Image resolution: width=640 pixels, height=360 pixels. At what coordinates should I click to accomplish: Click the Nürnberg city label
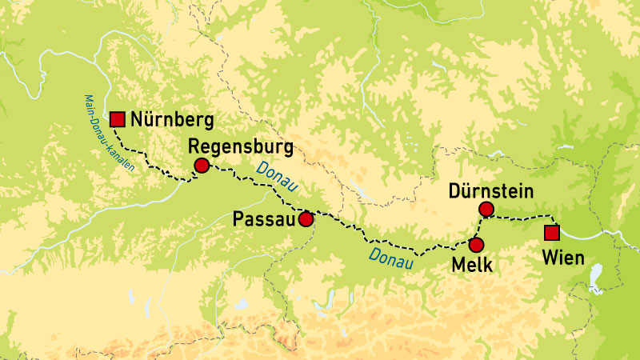click(173, 121)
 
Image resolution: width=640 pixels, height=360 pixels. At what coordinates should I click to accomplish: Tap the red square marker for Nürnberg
click(118, 120)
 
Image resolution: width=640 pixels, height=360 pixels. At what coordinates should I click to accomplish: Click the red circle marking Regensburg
click(201, 166)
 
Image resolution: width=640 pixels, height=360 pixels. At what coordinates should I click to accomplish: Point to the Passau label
click(264, 218)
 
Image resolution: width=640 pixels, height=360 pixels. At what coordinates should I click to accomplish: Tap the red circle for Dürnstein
click(486, 210)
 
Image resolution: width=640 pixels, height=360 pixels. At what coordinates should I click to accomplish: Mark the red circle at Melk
click(476, 245)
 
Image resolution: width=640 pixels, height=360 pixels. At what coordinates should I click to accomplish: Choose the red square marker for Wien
click(551, 233)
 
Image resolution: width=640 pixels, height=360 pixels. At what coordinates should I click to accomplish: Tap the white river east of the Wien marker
click(592, 235)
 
